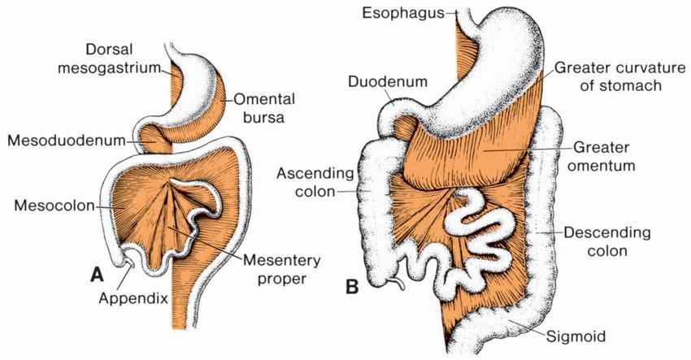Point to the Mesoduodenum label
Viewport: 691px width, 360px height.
tap(67, 141)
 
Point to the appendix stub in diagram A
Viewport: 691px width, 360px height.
tap(124, 264)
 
